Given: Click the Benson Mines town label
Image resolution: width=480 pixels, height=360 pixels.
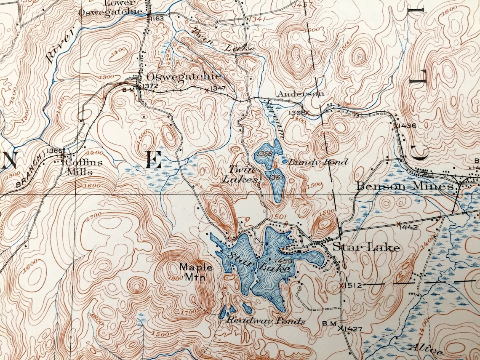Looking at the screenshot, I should click(x=405, y=186).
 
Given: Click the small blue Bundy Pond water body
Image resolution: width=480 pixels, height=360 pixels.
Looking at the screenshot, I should click(x=285, y=161).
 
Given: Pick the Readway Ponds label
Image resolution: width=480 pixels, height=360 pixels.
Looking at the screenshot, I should click(x=266, y=321).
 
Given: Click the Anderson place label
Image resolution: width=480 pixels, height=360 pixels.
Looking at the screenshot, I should click(x=300, y=94).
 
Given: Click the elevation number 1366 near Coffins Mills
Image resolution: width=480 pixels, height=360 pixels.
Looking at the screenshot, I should click(x=55, y=151).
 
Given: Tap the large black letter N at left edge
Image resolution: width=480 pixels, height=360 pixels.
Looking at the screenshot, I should click(x=8, y=160).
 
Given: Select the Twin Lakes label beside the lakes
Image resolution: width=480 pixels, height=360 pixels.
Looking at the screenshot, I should click(x=243, y=174).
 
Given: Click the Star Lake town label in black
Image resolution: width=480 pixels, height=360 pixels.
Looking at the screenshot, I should click(x=366, y=247).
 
